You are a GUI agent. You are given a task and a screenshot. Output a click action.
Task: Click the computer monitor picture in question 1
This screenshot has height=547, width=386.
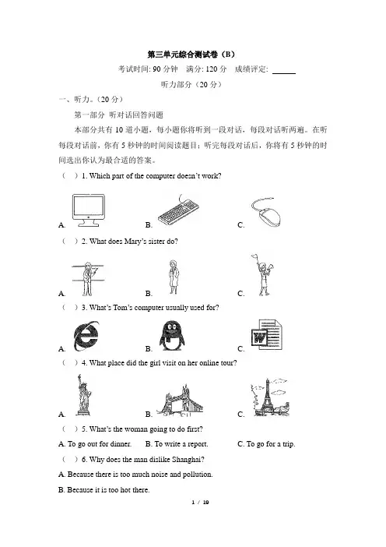(89, 210)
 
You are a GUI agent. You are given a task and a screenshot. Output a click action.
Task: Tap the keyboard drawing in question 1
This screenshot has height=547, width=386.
(178, 210)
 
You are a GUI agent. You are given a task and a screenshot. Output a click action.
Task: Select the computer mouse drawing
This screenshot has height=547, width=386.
(266, 212)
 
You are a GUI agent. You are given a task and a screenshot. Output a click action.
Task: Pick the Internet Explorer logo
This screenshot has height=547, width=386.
(86, 337)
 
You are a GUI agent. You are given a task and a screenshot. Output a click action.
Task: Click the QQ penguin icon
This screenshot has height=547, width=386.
(172, 336)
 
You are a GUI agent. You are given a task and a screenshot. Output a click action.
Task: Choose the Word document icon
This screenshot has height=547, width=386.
(266, 335)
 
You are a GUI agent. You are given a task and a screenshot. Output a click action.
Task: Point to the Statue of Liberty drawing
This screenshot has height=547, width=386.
(83, 395)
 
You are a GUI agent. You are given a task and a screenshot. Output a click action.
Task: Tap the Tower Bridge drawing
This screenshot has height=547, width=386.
(180, 401)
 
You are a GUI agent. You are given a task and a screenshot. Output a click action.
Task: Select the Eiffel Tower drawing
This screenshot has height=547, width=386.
(270, 397)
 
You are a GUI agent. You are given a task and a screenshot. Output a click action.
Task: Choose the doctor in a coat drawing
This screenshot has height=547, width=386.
(173, 277)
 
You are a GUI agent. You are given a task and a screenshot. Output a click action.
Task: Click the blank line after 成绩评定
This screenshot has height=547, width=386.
(284, 73)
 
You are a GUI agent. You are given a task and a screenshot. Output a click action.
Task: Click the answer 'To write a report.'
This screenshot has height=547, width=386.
(177, 444)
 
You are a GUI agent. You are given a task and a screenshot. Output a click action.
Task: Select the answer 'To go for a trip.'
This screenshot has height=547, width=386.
(266, 444)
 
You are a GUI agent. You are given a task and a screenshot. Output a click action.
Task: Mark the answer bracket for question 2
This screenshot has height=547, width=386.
(70, 241)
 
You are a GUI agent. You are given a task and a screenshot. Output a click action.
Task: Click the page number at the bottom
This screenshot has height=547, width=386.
(200, 503)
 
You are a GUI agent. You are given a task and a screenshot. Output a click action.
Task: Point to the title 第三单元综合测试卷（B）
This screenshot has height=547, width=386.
(191, 55)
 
